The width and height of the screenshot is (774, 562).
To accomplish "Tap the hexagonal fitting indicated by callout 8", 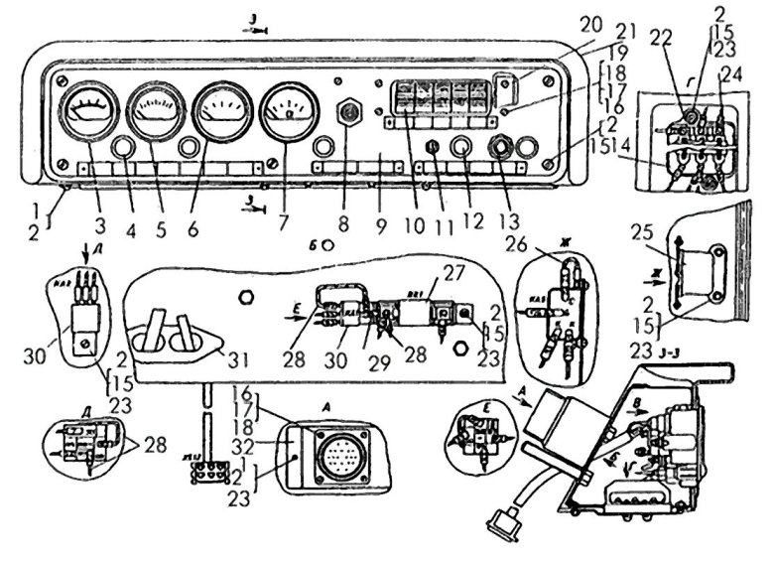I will pos(349,112).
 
